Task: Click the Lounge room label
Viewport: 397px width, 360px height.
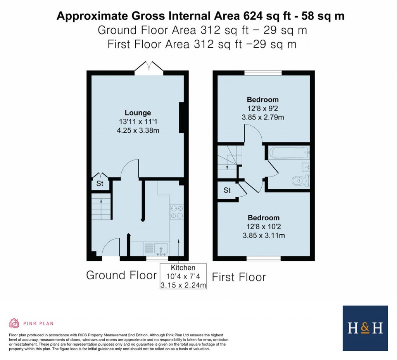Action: [138, 113]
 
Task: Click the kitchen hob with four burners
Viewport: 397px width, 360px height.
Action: [176, 212]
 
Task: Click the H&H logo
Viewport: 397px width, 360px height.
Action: [365, 328]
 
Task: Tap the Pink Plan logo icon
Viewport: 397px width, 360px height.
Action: [14, 323]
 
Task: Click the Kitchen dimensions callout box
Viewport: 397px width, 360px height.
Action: [183, 277]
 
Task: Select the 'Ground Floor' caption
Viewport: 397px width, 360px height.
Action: [121, 275]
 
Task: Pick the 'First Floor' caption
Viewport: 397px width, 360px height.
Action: [239, 277]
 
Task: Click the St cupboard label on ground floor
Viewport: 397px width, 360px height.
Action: [100, 184]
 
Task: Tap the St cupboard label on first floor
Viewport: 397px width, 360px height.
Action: [227, 190]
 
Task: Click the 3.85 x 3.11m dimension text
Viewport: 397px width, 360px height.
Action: [264, 235]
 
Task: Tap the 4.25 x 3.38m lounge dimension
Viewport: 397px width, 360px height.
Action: [138, 131]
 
